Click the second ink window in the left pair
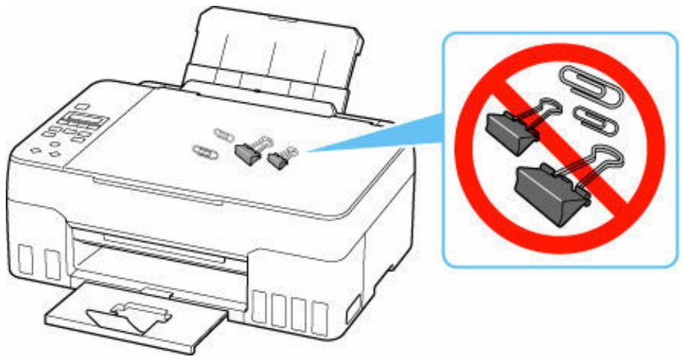[x=51, y=264]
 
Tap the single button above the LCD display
[x=82, y=106]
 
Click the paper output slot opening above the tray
[x=161, y=249]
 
